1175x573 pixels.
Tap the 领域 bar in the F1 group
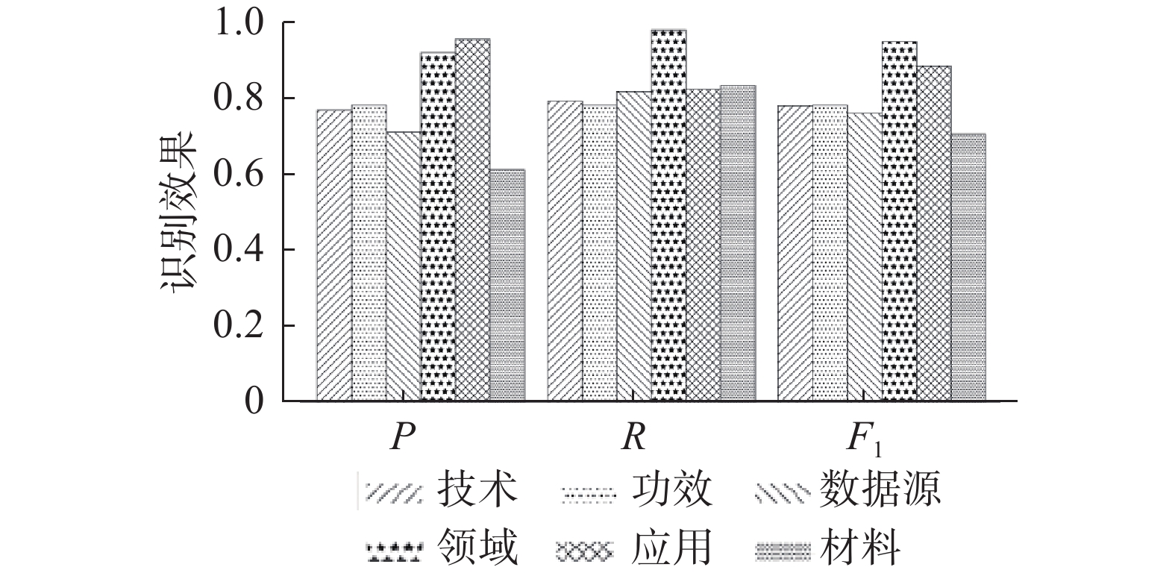[899, 221]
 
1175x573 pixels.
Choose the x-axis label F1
[865, 439]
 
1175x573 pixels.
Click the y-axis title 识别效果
[178, 213]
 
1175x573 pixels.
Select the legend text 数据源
[880, 491]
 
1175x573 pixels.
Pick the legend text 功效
[671, 491]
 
